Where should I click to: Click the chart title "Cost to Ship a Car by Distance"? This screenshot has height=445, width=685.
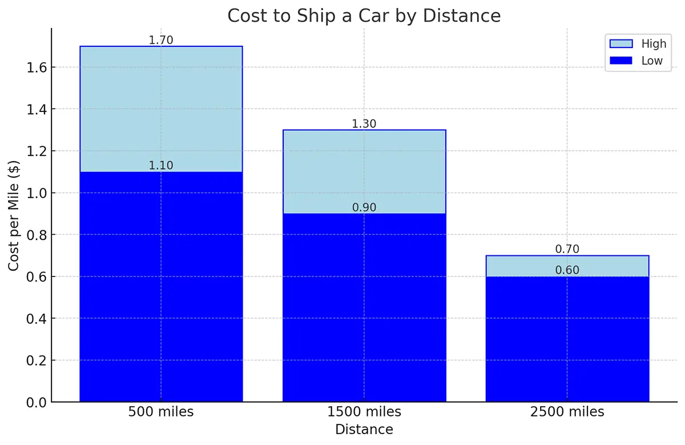pos(364,16)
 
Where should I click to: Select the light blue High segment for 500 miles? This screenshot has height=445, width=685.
pos(161,109)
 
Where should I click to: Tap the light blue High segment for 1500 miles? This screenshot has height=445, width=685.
pos(364,171)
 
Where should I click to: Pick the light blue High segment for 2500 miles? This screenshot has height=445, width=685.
pos(567,266)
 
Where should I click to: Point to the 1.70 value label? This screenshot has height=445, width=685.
pos(161,40)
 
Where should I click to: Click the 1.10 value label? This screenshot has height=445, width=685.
pos(161,166)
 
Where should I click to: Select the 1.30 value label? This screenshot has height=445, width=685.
pos(364,124)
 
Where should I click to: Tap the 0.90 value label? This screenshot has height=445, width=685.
pos(364,207)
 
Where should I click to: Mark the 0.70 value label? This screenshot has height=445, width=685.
pos(567,249)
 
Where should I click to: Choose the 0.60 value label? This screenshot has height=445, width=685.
pos(567,270)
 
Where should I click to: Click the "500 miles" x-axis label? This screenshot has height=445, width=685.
pos(161,412)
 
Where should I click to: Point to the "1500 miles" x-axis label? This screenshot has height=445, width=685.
pos(364,412)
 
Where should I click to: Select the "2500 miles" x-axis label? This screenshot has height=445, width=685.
pos(567,412)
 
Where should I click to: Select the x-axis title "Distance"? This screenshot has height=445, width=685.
pos(364,430)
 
